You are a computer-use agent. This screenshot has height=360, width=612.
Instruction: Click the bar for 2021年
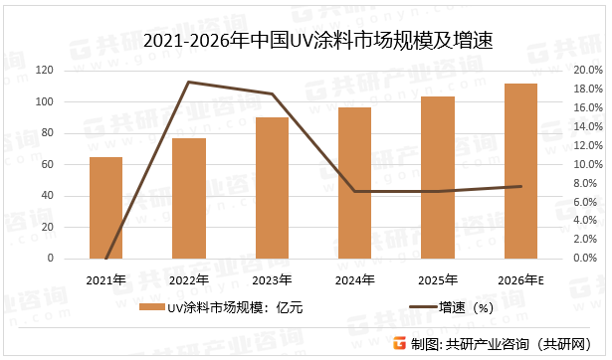coord(106,208)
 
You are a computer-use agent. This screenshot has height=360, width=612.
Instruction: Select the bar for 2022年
coord(189,198)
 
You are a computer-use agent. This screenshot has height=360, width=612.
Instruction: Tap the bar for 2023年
coord(273,188)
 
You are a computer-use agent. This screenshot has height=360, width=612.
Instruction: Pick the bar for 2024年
coord(355,183)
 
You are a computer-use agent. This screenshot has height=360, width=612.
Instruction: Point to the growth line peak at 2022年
coord(189,82)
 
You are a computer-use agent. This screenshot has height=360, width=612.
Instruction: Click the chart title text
coord(306,42)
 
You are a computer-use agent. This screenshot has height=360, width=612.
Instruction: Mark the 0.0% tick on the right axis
coord(587,259)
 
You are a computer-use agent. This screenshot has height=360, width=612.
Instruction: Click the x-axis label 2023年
coord(273,279)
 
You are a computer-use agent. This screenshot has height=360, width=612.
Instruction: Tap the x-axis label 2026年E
coord(520,279)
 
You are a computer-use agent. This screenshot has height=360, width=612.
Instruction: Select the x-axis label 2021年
coord(106,279)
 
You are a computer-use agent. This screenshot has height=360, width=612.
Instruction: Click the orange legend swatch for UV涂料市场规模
coord(151,308)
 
